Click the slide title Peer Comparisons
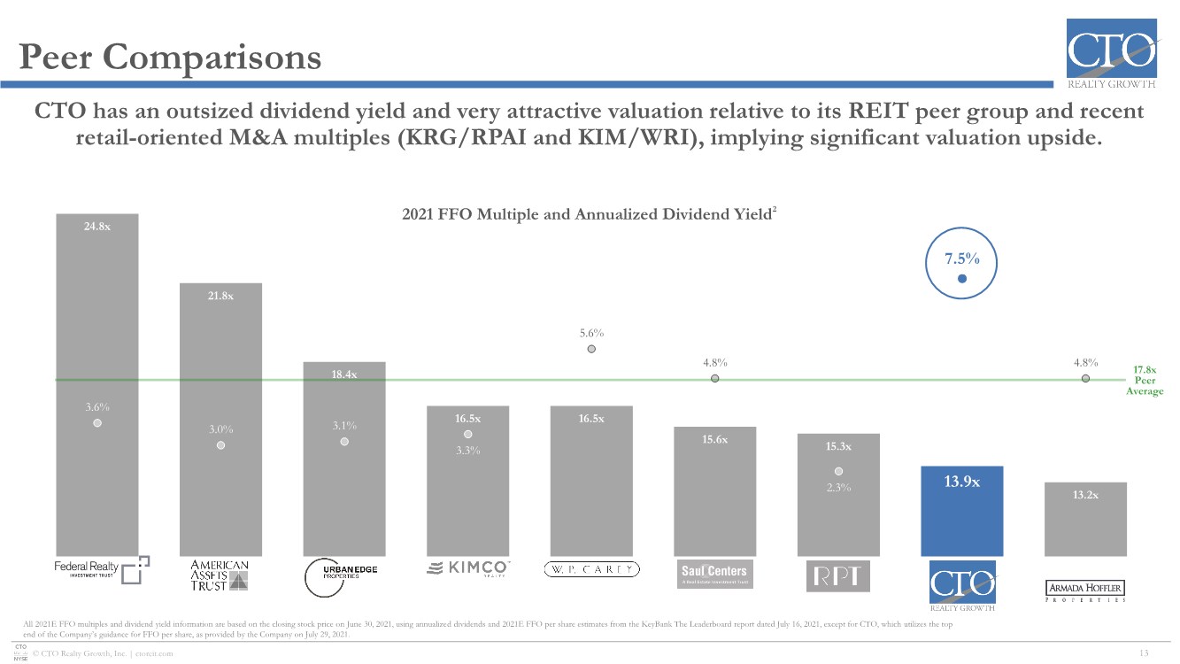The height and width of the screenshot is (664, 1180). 171,58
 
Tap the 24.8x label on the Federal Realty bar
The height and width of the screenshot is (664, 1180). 97,226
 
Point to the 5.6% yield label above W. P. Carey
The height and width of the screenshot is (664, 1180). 591,333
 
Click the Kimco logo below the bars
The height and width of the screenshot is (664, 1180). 468,568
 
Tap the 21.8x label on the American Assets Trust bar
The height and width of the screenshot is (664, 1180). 221,296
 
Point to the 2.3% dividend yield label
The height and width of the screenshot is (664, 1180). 838,487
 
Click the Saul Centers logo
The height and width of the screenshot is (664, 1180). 714,573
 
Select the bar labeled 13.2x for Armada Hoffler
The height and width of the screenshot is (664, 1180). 1085,520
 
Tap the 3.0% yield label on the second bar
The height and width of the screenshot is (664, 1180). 221,429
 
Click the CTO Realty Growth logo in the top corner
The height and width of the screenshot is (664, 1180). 1111,53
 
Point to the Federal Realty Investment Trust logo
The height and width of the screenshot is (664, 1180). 97,569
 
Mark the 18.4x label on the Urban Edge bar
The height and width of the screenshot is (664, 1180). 344,374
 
